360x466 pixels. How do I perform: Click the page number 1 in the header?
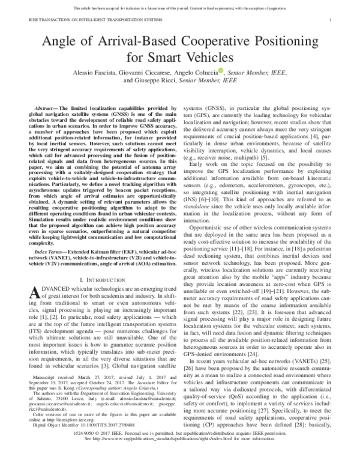pos(331,20)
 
